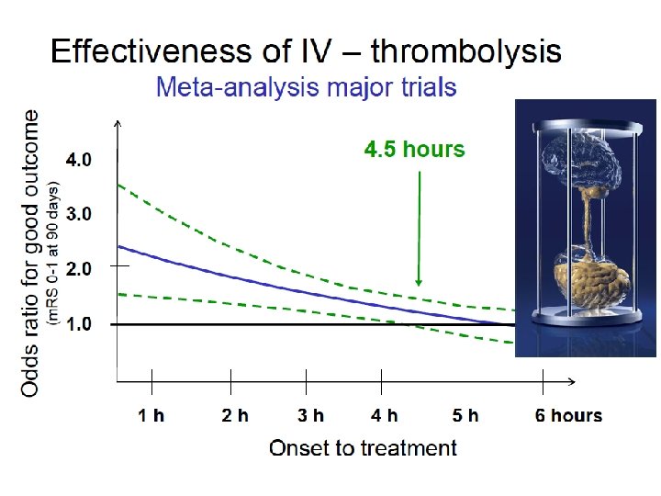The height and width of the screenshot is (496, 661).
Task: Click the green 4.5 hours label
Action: pos(415,149)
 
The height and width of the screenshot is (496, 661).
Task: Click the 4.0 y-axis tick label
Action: pos(79,160)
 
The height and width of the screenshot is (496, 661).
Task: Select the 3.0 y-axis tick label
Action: pos(79,214)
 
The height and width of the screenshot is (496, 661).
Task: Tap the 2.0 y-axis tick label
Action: pos(79,269)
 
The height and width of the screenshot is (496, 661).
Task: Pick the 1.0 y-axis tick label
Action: pos(79,324)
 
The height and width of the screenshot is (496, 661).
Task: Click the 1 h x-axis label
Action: pos(151,415)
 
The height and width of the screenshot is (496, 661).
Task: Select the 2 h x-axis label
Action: pos(235,415)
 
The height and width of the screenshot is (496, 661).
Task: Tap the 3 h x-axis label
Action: pos(310,415)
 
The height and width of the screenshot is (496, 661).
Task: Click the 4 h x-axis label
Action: pos(385,415)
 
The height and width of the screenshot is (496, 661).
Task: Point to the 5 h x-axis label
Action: pos(465,415)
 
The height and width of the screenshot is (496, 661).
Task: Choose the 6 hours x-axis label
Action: pos(568,415)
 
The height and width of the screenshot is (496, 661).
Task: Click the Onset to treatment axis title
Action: pos(363,448)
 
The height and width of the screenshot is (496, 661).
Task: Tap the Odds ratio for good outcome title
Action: pos(30,253)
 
